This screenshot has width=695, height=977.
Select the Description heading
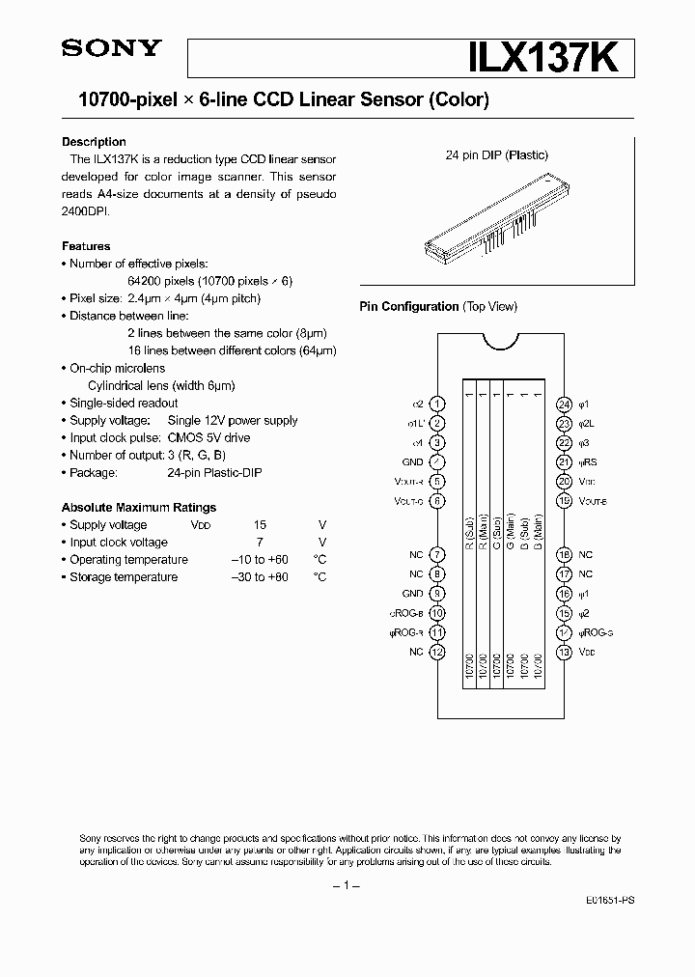[x=94, y=142]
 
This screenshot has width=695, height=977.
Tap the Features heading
[x=86, y=246]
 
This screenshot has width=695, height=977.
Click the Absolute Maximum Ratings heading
[x=139, y=507]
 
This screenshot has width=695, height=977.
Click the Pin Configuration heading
[x=408, y=306]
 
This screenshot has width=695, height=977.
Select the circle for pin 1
[x=437, y=405]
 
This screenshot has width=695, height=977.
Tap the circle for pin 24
[x=566, y=405]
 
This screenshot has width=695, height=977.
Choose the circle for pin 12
[x=437, y=652]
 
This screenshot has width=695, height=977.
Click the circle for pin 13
[x=566, y=652]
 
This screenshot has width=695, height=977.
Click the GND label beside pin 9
[x=412, y=594]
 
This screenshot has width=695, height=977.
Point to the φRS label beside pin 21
[x=589, y=462]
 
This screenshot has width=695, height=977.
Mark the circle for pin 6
[x=437, y=501]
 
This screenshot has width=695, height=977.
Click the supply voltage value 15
[x=260, y=524]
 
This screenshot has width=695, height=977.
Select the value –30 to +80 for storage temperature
[x=260, y=577]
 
